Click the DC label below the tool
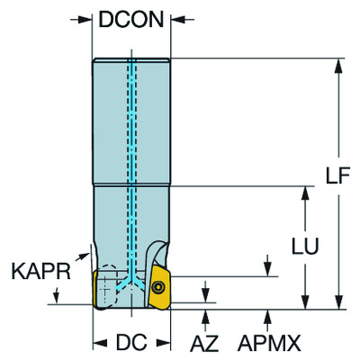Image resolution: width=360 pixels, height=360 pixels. pyautogui.click(x=132, y=343)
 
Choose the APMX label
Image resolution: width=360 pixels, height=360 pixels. pyautogui.click(x=268, y=343)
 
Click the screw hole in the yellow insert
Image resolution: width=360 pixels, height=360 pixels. pyautogui.click(x=158, y=286)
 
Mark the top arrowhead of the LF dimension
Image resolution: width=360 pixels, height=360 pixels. pyautogui.click(x=338, y=66)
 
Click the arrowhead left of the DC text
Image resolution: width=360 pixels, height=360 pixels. pyautogui.click(x=100, y=343)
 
